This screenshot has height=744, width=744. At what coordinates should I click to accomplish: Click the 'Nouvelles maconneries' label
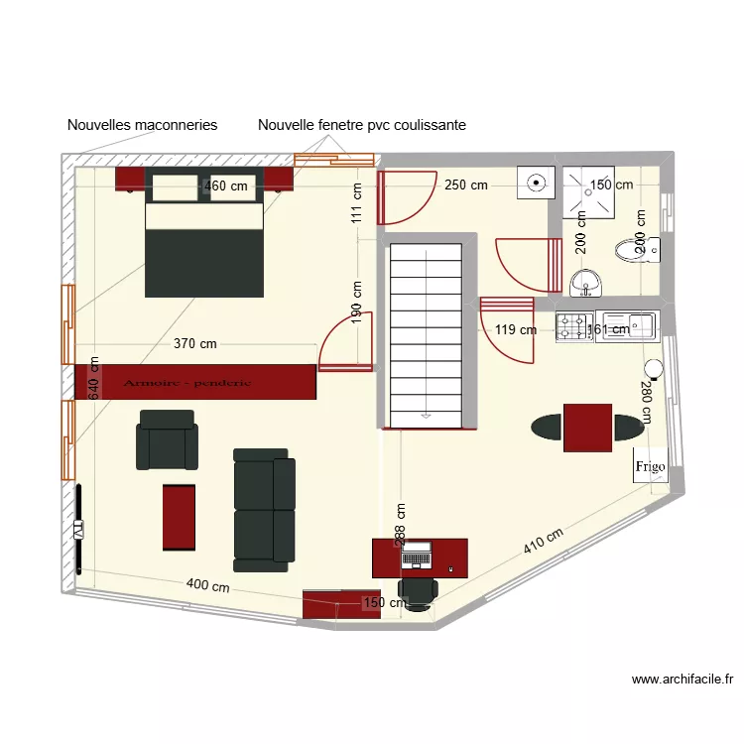pyautogui.click(x=142, y=125)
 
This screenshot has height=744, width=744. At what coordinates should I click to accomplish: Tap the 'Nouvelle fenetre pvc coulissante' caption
pyautogui.click(x=362, y=125)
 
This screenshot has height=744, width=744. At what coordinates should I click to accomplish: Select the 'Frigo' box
pyautogui.click(x=652, y=465)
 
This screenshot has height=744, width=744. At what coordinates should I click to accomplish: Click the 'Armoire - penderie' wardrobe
pyautogui.click(x=195, y=382)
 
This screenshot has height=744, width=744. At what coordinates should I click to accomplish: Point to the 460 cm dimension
pyautogui.click(x=226, y=186)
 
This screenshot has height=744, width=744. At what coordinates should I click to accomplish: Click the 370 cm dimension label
pyautogui.click(x=195, y=344)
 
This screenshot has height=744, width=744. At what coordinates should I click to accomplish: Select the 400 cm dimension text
pyautogui.click(x=209, y=585)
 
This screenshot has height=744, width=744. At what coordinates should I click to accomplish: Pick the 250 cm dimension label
pyautogui.click(x=465, y=185)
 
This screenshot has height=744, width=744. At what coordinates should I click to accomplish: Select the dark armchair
pyautogui.click(x=167, y=438)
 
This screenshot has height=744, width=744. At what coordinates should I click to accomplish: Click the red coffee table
pyautogui.click(x=181, y=516)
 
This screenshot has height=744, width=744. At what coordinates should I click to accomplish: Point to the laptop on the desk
pyautogui.click(x=418, y=555)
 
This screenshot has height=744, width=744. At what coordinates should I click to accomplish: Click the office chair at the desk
pyautogui.click(x=420, y=592)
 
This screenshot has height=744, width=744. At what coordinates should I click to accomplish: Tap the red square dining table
pyautogui.click(x=587, y=427)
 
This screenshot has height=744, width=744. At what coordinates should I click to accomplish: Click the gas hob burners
pyautogui.click(x=573, y=326)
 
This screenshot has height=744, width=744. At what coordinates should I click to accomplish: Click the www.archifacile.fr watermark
pyautogui.click(x=682, y=680)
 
